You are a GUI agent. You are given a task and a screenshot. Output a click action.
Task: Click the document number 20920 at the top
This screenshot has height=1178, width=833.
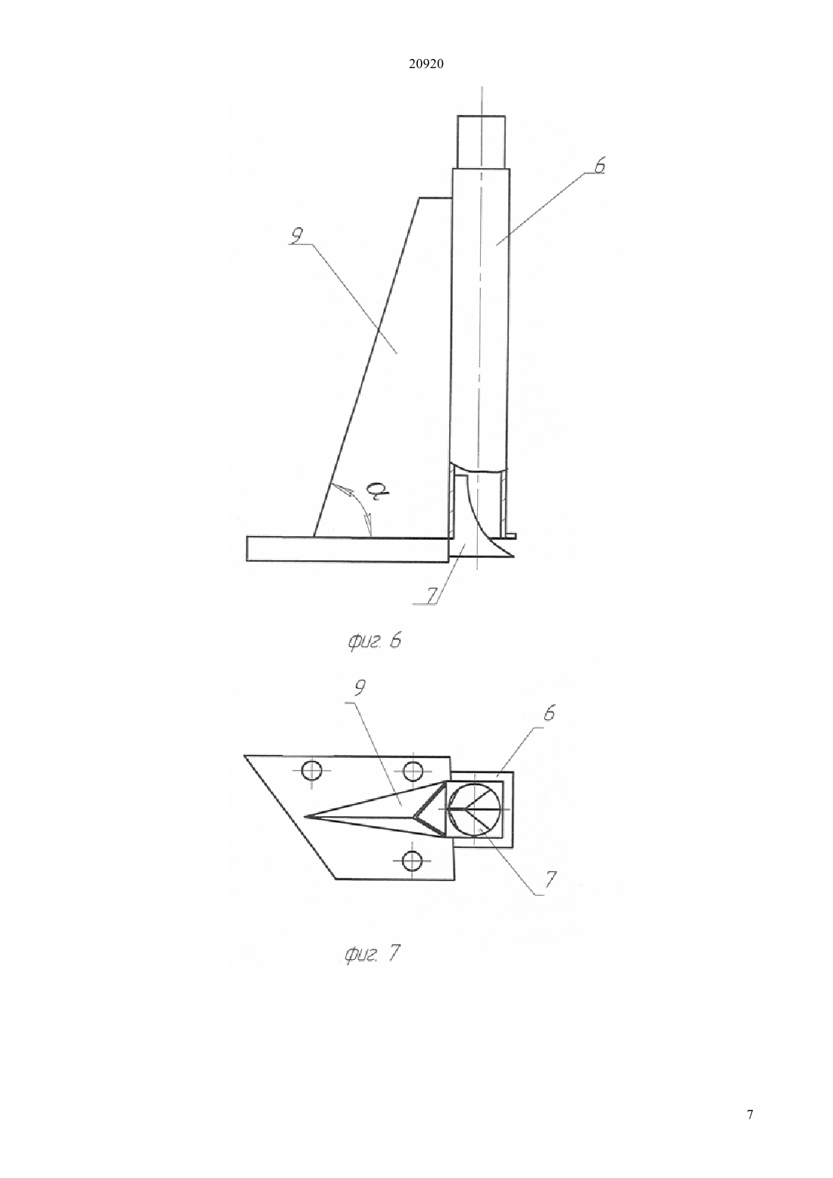pos(426,64)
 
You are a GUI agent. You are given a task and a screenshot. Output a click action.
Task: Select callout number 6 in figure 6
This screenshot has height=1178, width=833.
pos(599,165)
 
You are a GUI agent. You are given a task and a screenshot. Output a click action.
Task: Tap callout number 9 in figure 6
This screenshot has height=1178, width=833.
pos(296,236)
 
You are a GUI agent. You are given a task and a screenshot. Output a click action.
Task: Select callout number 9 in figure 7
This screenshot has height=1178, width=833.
pos(360,688)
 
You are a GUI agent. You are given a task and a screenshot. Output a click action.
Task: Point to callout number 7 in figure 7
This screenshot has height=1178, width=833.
pos(550,879)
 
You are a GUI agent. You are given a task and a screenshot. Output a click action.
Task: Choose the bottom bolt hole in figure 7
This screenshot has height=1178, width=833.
pos(412,861)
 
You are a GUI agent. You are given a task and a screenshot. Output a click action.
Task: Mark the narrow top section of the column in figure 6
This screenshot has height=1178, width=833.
pos(481,141)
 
